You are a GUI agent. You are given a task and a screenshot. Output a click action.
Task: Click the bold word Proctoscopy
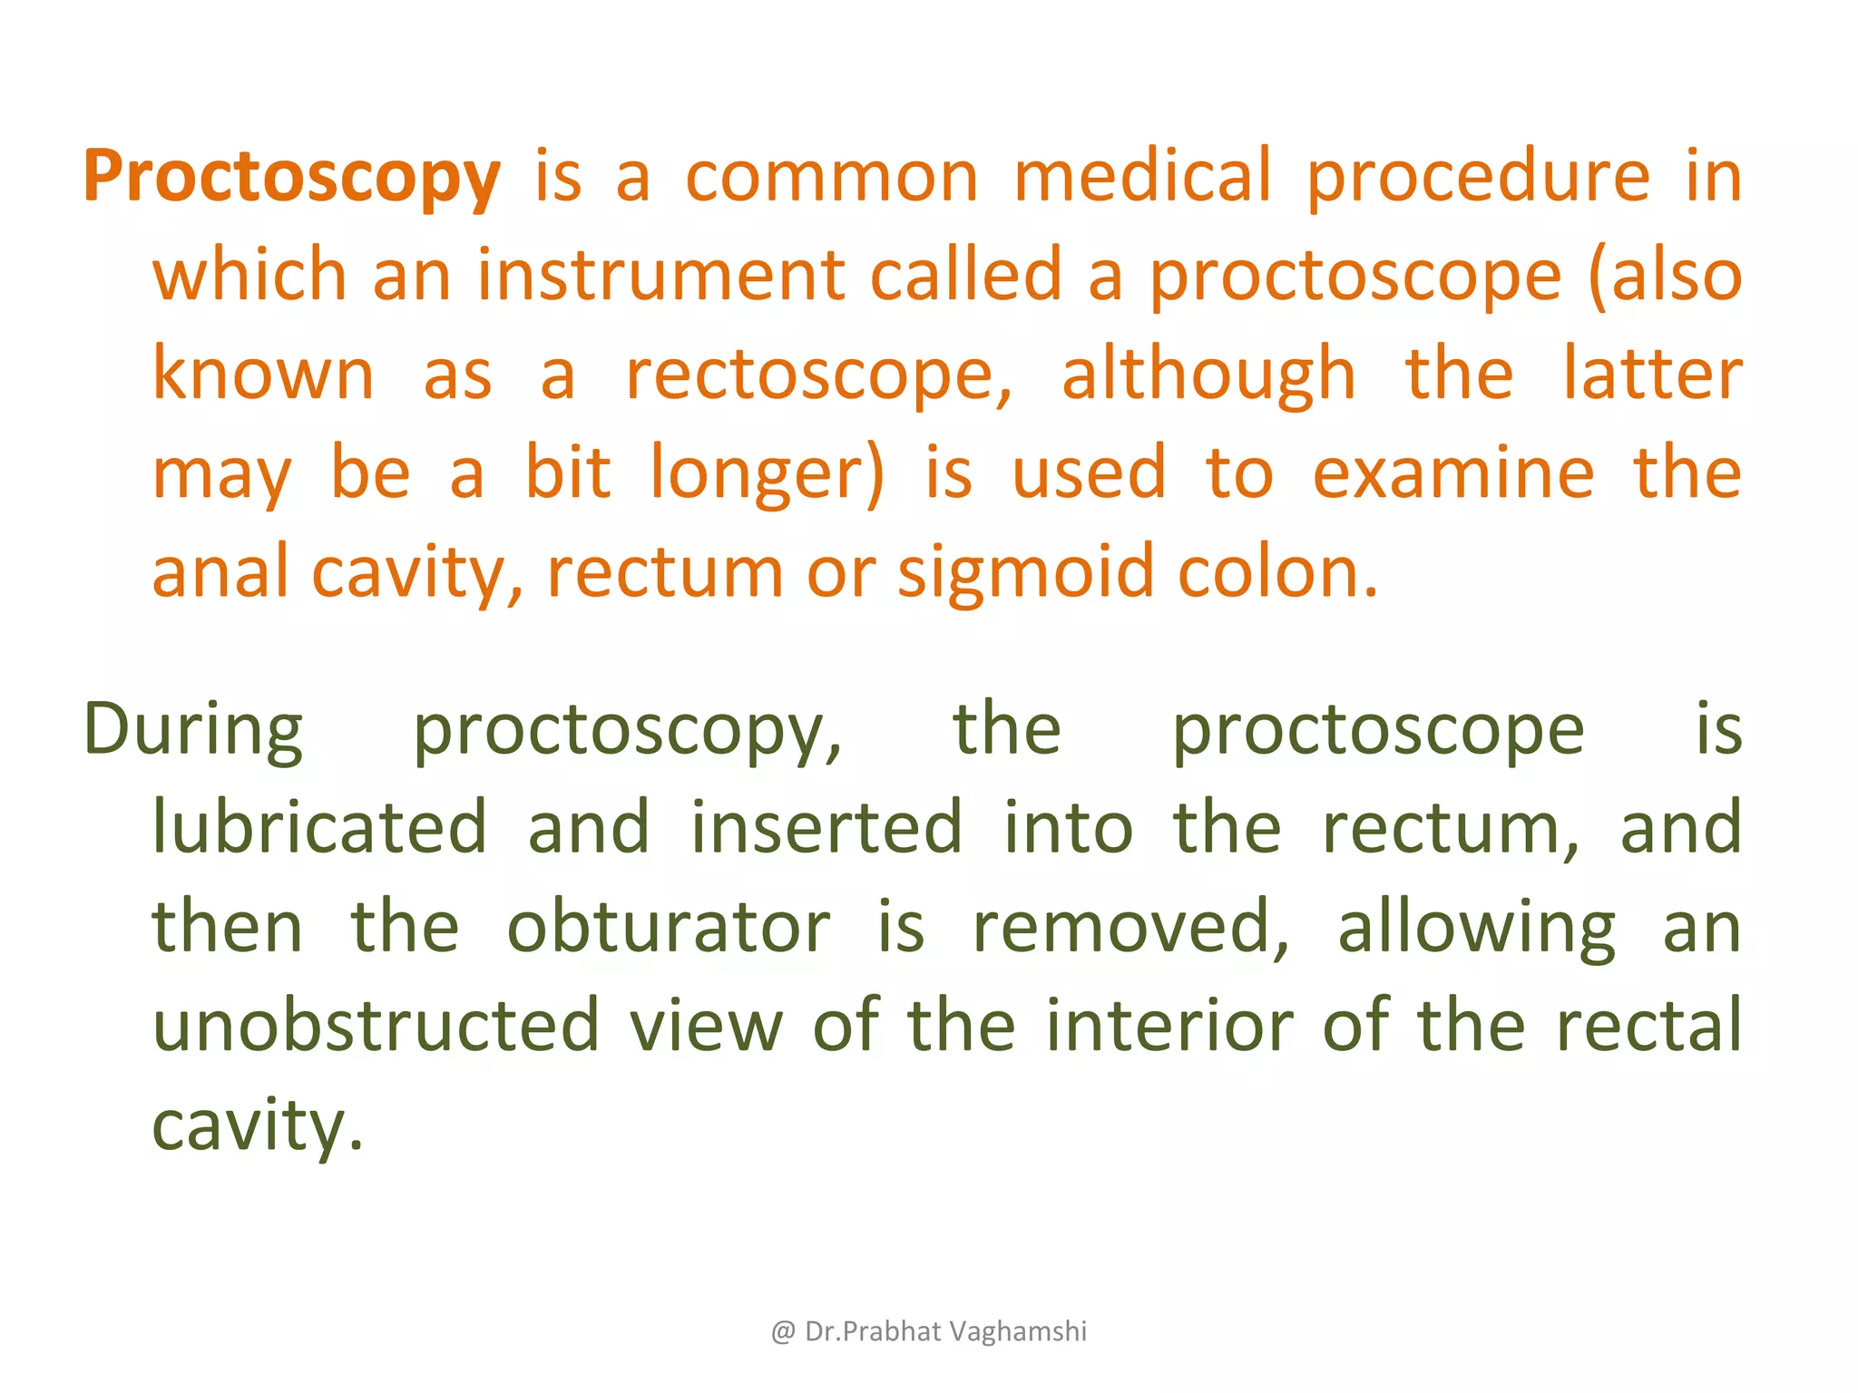coord(291,177)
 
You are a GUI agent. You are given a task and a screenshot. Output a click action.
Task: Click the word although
coord(1208,375)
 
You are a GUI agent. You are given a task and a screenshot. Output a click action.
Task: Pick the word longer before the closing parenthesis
coord(759,473)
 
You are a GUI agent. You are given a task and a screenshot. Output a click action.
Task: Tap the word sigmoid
coord(1026,573)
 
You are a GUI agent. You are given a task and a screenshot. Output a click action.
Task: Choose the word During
coord(193,730)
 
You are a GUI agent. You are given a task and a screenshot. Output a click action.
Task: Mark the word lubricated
coord(319,827)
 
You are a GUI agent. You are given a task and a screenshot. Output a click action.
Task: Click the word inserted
coord(826,827)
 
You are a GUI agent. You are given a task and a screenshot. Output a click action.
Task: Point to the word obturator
coord(668,927)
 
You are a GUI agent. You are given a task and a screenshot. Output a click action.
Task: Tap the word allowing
coord(1476,927)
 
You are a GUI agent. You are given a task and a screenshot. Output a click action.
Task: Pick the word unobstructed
coord(376,1026)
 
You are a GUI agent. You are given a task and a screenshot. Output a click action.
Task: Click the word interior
coord(1169,1026)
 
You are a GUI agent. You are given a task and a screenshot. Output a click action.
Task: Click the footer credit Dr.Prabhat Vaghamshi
coord(944,1331)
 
